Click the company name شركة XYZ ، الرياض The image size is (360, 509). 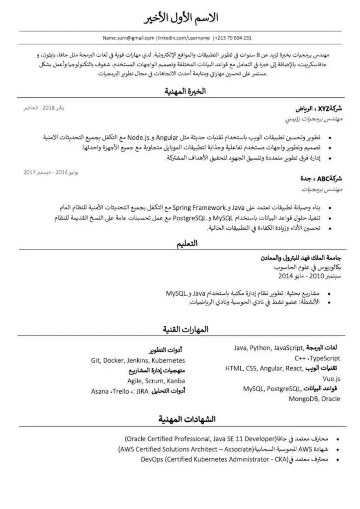(318, 109)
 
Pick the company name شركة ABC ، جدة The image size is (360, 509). (321, 178)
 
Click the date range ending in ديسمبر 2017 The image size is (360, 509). (51, 173)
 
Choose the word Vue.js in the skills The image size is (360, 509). (331, 378)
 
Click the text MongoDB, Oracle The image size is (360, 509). (314, 399)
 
